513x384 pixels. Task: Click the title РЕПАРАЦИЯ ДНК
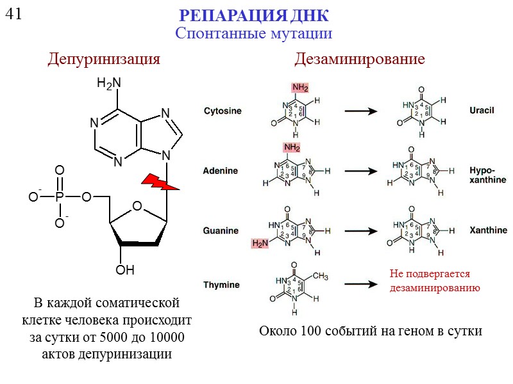[253, 15]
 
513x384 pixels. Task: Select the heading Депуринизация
[103, 60]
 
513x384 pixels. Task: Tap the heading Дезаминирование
[359, 60]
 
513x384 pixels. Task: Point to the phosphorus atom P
[60, 197]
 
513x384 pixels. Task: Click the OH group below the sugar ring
[125, 270]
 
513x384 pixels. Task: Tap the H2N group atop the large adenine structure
[109, 83]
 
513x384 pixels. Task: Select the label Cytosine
[223, 111]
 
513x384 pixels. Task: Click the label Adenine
[220, 171]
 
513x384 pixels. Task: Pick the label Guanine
[221, 230]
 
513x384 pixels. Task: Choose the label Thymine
[221, 285]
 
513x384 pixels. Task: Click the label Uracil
[482, 111]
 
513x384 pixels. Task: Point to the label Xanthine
[488, 230]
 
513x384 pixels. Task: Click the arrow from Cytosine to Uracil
[360, 111]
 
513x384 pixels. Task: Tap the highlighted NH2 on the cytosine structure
[299, 88]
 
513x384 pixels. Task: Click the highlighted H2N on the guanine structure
[260, 244]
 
